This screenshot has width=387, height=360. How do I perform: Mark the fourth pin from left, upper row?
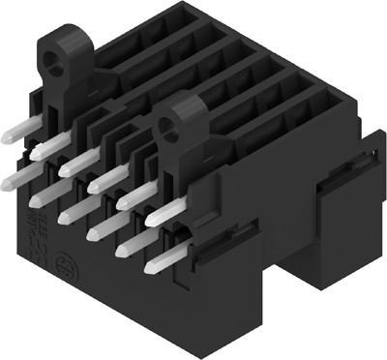coord(105,179)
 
